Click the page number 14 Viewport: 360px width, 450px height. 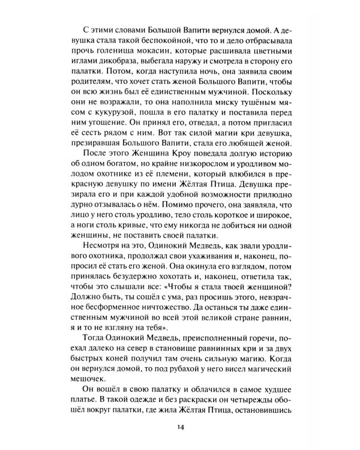tap(180, 427)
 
